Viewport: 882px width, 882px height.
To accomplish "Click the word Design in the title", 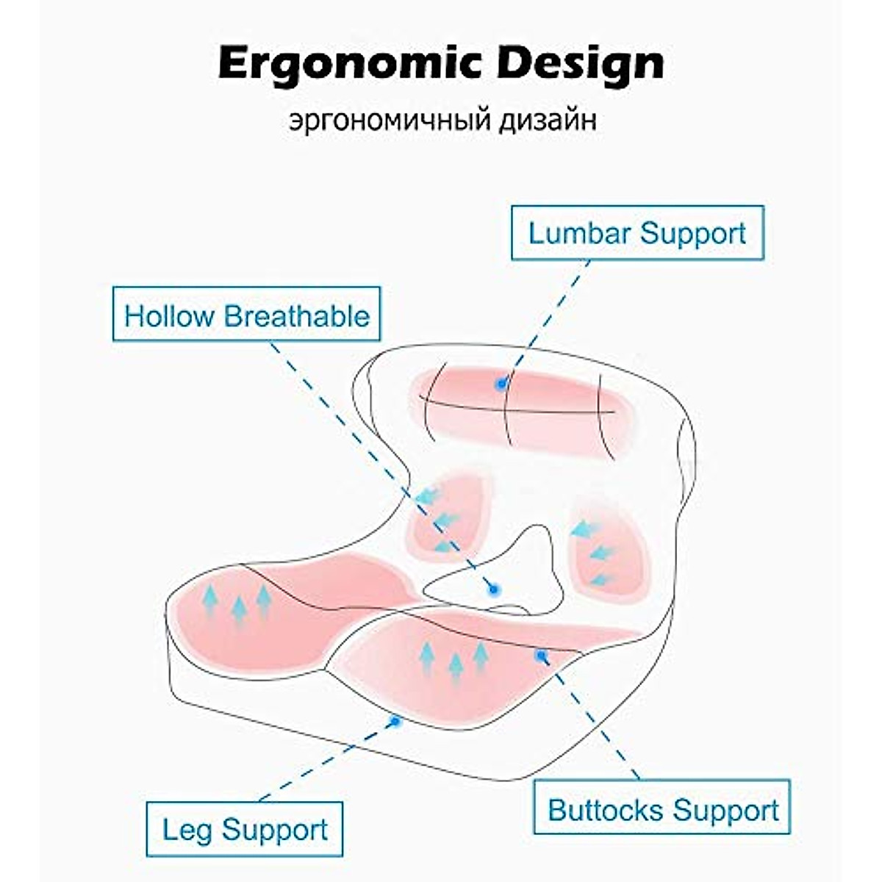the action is (581, 65).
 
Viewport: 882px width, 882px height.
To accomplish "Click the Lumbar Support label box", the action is (637, 234).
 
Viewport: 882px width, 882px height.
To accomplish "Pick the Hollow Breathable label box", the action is (246, 315).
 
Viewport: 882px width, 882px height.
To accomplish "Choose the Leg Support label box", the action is (245, 830).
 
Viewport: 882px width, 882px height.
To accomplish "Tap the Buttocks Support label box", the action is (662, 808).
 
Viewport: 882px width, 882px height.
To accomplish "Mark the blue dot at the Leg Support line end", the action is (395, 722).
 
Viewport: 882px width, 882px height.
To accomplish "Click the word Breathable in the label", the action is (297, 315).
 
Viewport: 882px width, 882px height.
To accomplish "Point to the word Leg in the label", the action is (187, 831).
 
